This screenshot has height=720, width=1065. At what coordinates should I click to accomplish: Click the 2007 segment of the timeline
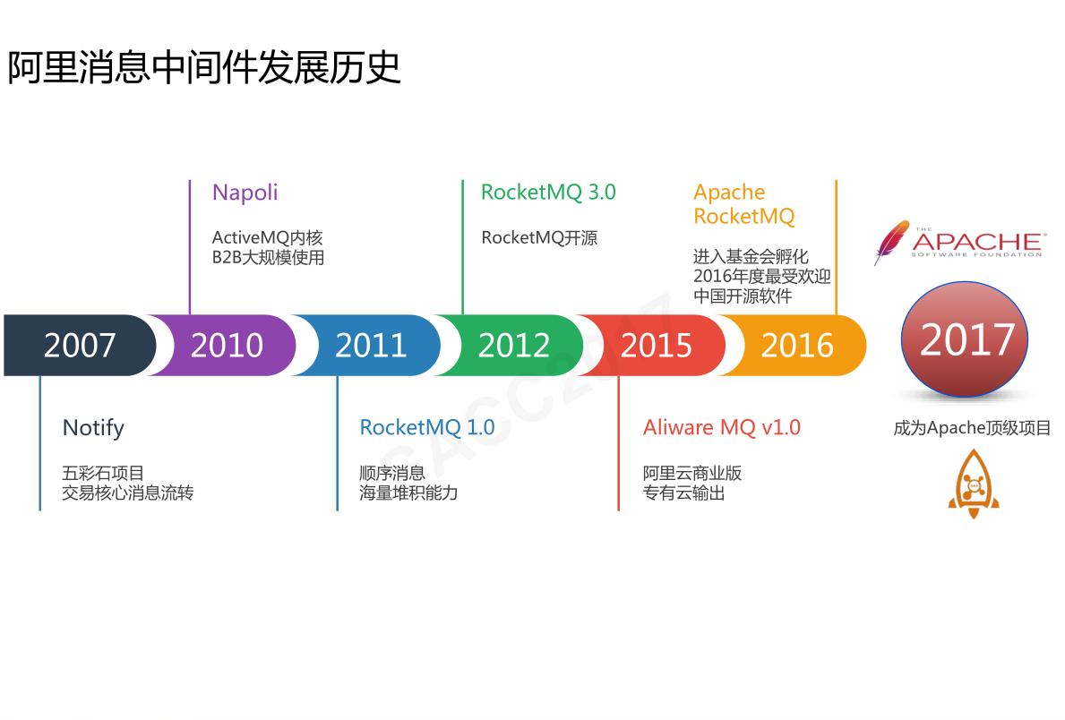point(79,345)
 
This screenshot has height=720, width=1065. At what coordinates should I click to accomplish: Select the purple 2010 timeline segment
point(227,345)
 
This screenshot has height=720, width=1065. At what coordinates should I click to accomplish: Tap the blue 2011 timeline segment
point(370,345)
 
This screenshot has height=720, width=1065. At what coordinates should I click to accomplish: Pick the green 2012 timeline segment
point(513,345)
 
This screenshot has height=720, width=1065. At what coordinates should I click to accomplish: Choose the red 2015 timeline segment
point(656,345)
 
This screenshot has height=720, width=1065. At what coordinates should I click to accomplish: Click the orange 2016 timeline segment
point(797,345)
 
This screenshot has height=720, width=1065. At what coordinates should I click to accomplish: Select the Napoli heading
point(245,193)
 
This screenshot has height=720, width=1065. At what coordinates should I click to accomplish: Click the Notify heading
point(93,428)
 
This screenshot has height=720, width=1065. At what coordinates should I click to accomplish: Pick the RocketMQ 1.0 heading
point(426,428)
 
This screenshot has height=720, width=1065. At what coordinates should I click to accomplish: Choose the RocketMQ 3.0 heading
point(548,193)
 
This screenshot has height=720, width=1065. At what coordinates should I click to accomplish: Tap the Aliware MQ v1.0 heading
point(721,428)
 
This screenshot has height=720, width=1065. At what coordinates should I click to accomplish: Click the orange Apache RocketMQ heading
point(743,204)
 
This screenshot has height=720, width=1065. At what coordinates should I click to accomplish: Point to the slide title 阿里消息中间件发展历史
point(204,68)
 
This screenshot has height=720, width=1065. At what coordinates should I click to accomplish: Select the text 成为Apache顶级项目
point(972,428)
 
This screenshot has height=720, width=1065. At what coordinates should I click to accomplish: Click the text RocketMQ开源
point(539,238)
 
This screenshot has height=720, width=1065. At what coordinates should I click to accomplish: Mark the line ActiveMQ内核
point(267,238)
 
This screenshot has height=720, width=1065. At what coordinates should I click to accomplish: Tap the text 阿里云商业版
point(692,473)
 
